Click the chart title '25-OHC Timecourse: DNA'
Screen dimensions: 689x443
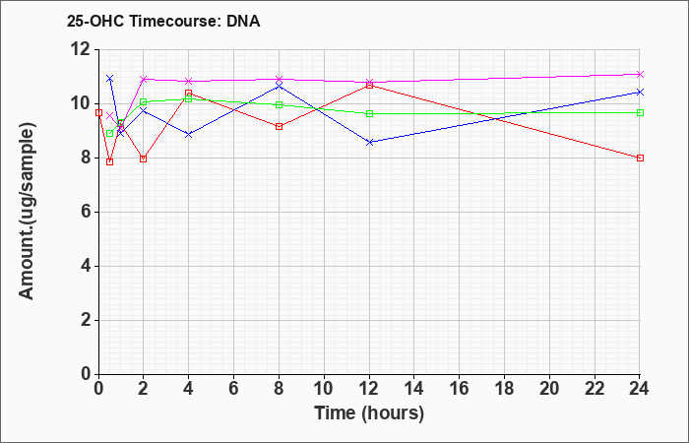click(x=163, y=21)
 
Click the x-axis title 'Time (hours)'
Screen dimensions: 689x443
click(x=369, y=413)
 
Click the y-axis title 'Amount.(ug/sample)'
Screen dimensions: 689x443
click(x=27, y=212)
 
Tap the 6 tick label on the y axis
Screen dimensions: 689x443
click(x=87, y=212)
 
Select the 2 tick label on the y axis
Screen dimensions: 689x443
click(x=87, y=320)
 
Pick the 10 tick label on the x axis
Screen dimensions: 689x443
click(x=324, y=389)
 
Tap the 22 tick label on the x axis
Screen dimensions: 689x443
click(x=595, y=389)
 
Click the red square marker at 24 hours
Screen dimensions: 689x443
click(x=640, y=158)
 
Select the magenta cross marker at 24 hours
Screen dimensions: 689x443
click(x=640, y=74)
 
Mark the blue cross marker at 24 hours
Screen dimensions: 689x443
click(x=640, y=92)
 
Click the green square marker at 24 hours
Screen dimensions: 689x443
click(x=640, y=112)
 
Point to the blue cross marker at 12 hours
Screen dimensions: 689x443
click(x=369, y=142)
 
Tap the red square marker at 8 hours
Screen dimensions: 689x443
click(x=279, y=127)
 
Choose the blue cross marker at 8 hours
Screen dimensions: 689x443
click(x=279, y=87)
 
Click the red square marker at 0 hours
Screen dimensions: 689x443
click(x=98, y=112)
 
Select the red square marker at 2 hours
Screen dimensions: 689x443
click(x=144, y=158)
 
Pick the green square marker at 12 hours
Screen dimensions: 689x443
click(x=369, y=113)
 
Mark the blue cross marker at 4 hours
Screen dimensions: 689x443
click(x=189, y=135)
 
